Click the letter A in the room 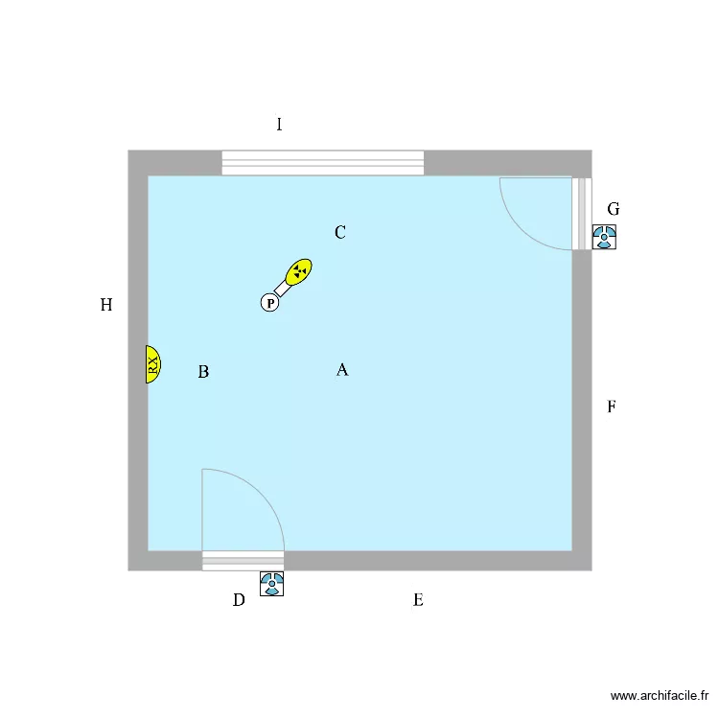(342, 370)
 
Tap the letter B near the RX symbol (203, 371)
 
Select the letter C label (339, 232)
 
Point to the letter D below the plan (239, 600)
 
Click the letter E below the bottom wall (418, 600)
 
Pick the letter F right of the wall (612, 406)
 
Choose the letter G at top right (614, 209)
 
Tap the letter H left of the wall (106, 305)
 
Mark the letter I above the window (279, 125)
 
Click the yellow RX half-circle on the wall (152, 364)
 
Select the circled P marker (270, 303)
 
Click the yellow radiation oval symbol (298, 272)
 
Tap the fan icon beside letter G (604, 237)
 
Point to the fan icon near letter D (272, 584)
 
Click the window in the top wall (323, 163)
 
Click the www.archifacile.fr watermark (660, 696)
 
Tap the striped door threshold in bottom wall (244, 561)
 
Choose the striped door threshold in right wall (582, 214)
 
